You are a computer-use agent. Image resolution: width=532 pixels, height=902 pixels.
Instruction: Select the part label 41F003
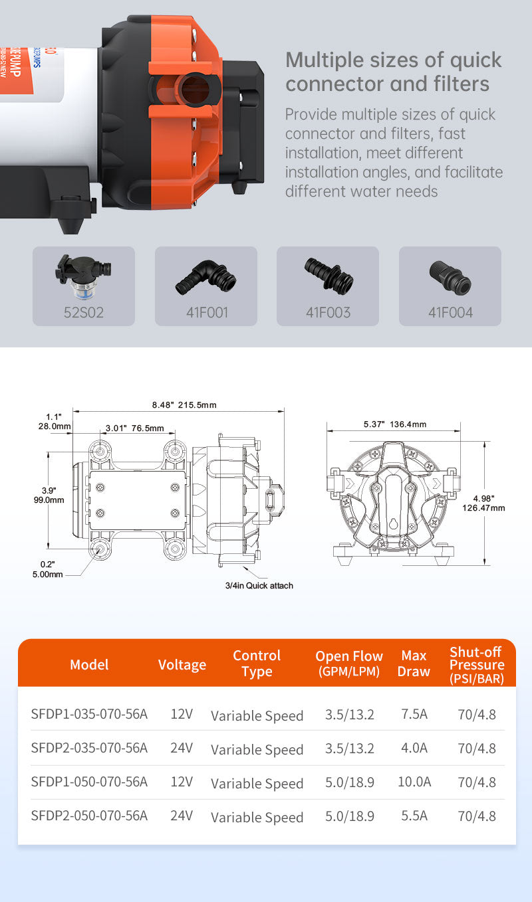click(328, 312)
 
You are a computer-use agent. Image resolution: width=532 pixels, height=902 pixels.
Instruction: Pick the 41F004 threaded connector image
click(450, 277)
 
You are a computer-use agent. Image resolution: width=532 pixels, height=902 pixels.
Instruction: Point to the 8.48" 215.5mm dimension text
click(184, 405)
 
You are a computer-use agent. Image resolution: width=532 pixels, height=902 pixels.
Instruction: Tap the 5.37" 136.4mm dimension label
click(395, 424)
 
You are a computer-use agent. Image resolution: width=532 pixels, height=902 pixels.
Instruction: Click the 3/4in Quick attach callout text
click(259, 585)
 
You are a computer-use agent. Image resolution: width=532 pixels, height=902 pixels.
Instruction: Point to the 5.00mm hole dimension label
click(47, 574)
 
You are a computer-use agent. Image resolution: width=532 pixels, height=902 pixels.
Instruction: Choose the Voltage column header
click(182, 664)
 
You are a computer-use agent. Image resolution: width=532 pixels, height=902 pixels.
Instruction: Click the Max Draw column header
click(414, 664)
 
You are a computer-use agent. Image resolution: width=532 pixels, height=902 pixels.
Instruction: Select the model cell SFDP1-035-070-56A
click(89, 714)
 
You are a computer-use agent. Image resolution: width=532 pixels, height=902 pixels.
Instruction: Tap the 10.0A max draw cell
click(414, 782)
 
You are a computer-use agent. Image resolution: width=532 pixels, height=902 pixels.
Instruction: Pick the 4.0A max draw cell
click(414, 748)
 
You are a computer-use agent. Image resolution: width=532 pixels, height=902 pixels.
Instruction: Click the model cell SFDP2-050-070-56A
click(89, 816)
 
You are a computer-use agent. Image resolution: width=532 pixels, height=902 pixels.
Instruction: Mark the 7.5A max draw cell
click(414, 714)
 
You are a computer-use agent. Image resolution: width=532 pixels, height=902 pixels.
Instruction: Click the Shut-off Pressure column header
click(476, 664)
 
